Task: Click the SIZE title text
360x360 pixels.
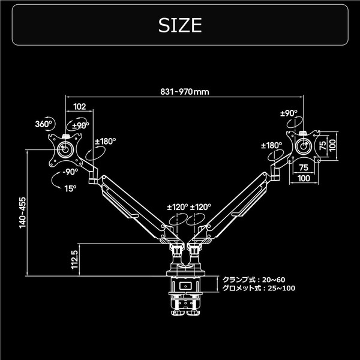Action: pos(180,25)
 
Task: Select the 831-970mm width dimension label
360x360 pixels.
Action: pos(185,92)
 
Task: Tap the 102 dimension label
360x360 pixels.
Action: pos(79,106)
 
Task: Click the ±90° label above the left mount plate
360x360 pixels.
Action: pos(80,125)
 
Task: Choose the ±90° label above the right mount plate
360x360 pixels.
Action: pos(289,113)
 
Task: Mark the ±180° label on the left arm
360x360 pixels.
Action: pos(106,141)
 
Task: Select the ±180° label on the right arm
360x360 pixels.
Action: pos(272,145)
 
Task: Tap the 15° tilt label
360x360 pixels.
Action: pos(71,187)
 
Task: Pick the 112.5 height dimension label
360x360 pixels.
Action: pos(74,260)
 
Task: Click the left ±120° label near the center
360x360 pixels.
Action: pos(178,206)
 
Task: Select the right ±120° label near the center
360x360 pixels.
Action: pos(201,206)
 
